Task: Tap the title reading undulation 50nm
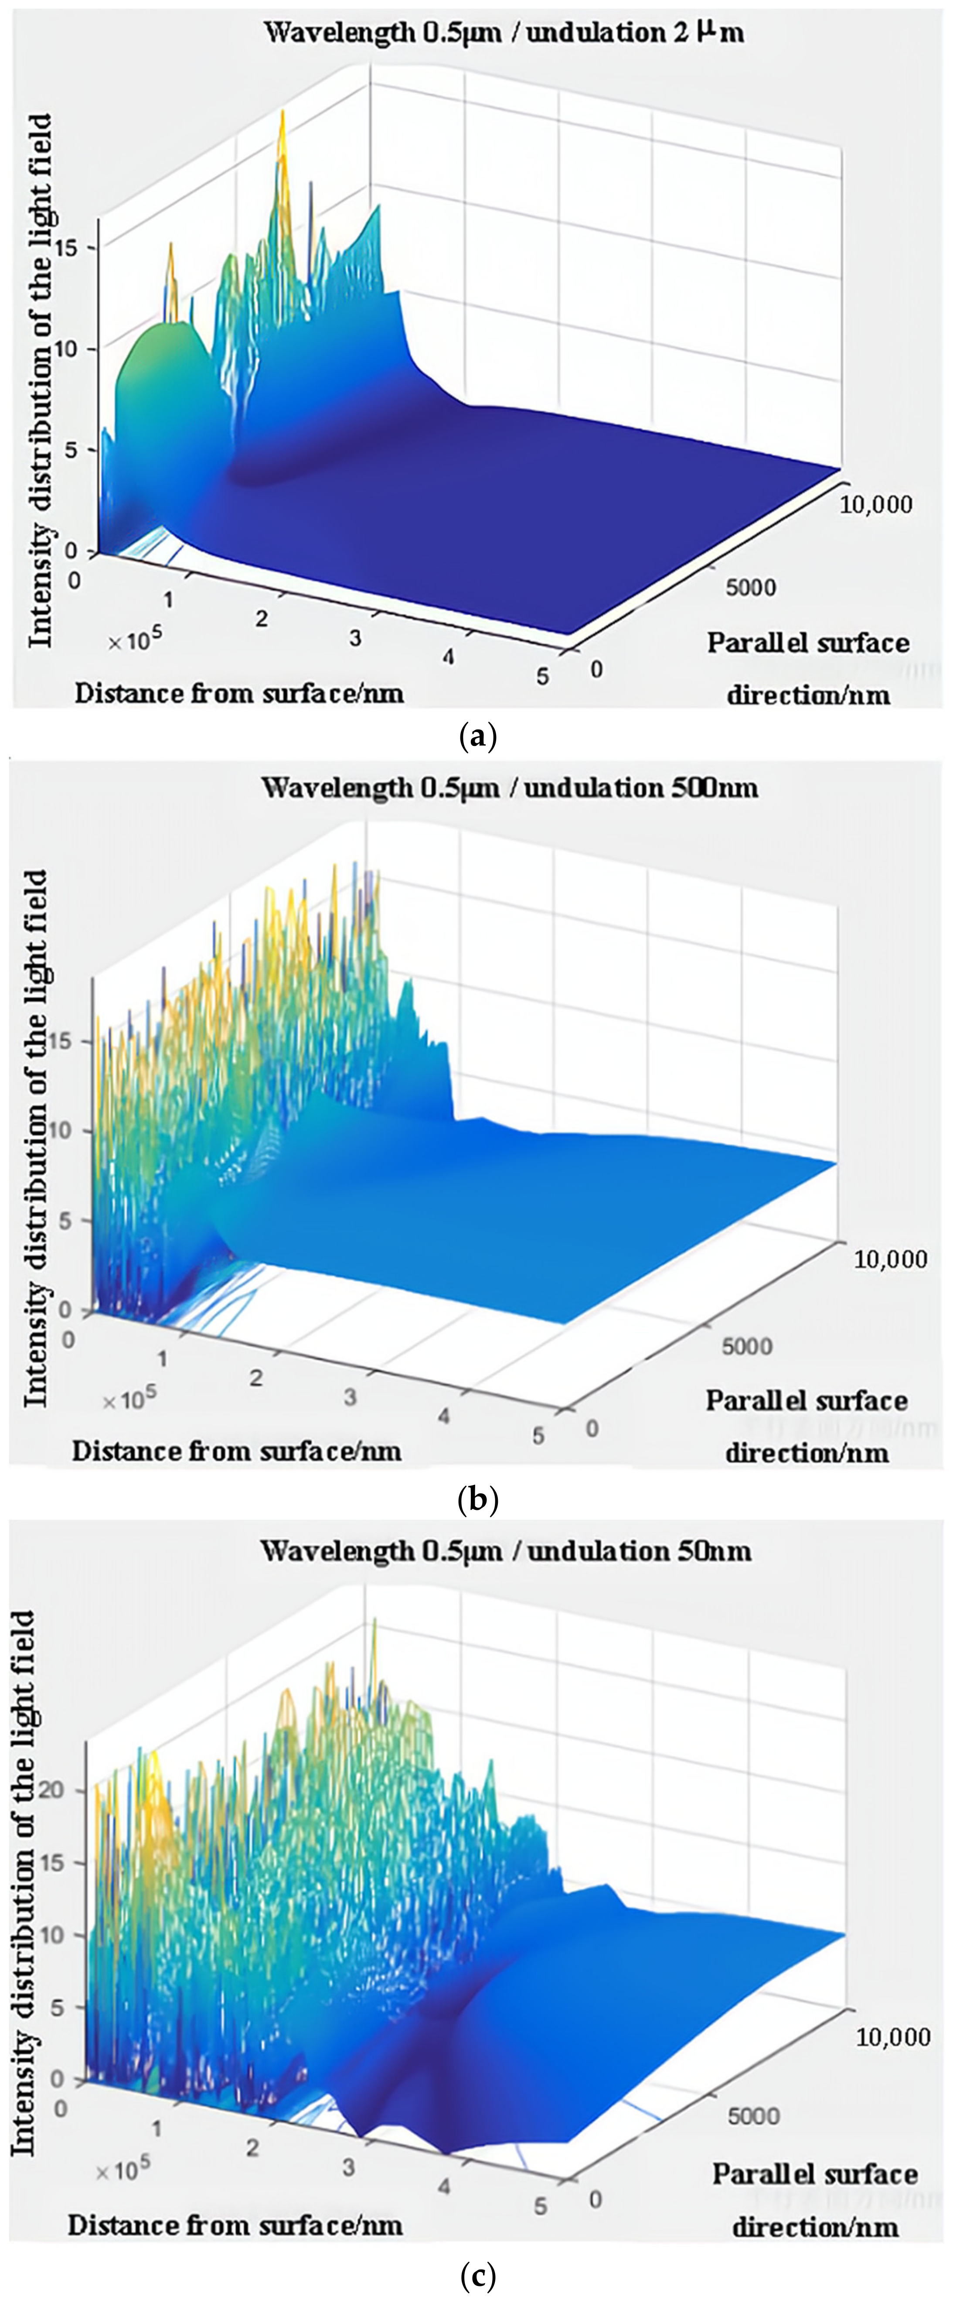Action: coord(506,1550)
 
